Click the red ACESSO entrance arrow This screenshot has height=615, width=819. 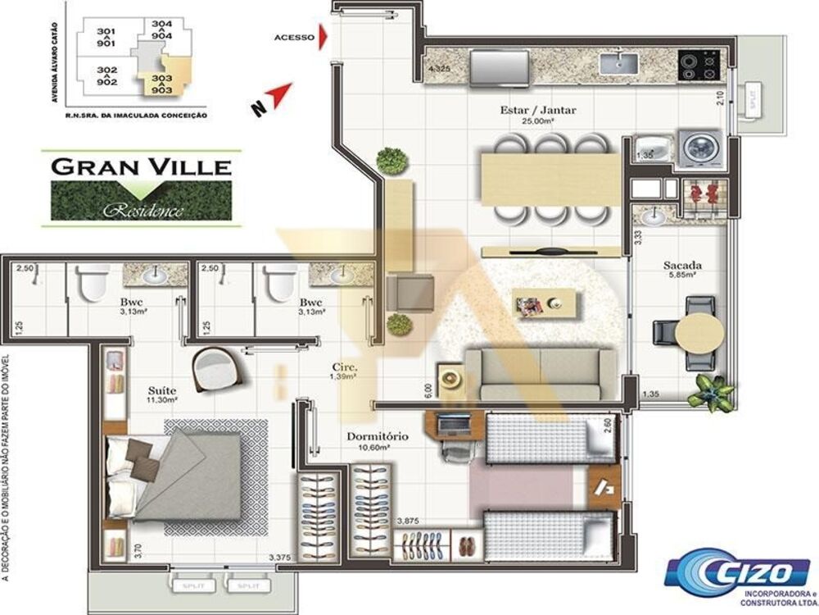(325, 37)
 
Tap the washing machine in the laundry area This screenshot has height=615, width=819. (702, 148)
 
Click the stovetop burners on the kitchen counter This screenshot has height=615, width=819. (699, 61)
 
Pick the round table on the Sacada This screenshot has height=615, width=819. (704, 331)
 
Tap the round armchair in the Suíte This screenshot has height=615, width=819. (215, 370)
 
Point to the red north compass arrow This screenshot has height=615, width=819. (278, 95)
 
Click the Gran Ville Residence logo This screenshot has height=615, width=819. (141, 188)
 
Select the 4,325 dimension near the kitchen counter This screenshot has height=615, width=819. (440, 69)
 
